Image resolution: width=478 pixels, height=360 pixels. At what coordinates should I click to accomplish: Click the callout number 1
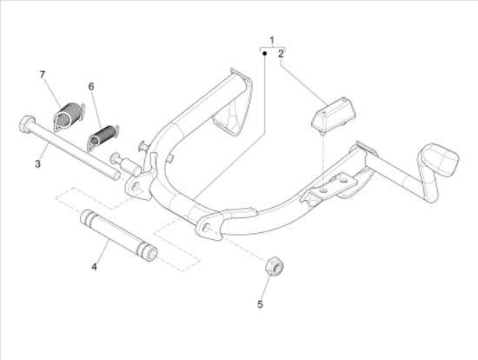coord(272,40)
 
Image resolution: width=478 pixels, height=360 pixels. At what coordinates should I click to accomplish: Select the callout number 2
coord(281,54)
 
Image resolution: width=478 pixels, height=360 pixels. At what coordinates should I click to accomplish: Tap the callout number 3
coord(37,164)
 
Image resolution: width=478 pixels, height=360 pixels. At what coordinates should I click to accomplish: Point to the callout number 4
coord(94,267)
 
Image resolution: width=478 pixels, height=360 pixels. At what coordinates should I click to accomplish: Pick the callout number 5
coord(260,304)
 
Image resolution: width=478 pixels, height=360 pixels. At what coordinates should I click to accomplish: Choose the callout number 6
coord(91,87)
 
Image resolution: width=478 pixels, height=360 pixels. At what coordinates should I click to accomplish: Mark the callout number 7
coord(43,75)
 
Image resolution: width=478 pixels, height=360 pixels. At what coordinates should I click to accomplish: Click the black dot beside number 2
coord(264,53)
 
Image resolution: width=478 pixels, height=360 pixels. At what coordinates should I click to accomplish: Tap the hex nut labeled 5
coord(275,266)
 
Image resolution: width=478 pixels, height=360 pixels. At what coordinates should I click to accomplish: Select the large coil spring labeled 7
coord(69,117)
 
